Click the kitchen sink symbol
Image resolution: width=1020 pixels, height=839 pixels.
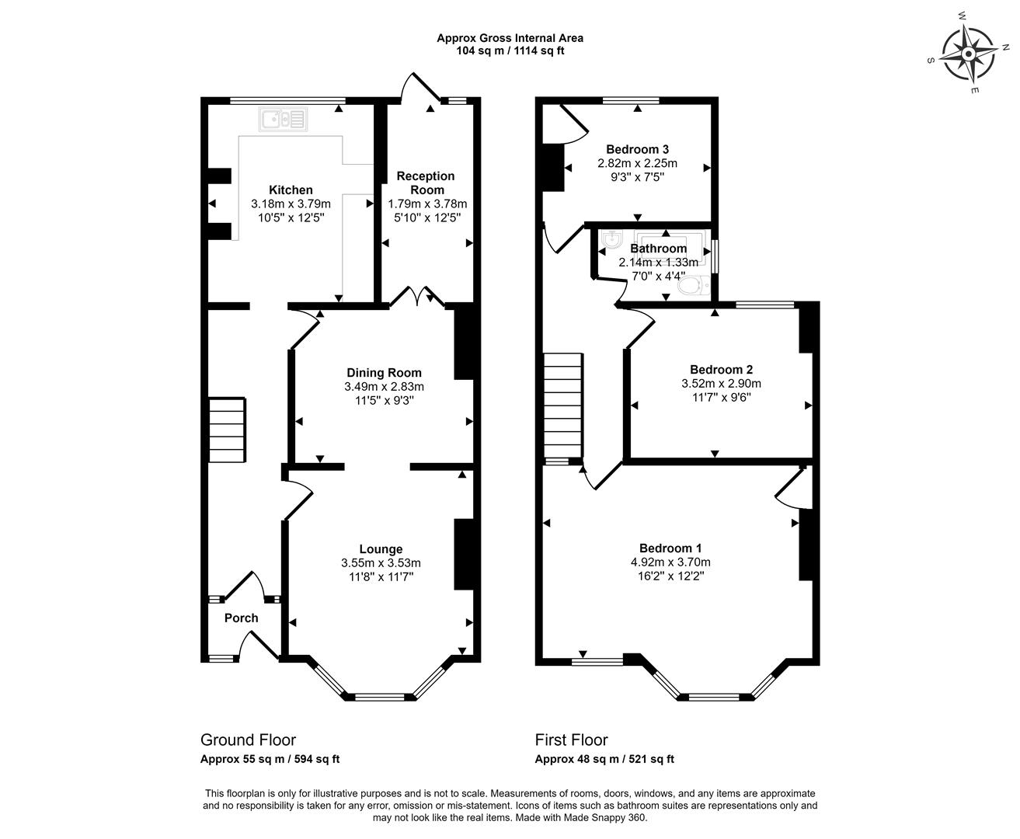tap(283, 120)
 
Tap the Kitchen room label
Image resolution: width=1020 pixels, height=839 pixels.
tap(291, 190)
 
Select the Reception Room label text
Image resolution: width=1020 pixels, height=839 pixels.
tap(426, 183)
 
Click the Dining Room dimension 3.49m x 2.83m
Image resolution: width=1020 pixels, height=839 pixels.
tap(384, 387)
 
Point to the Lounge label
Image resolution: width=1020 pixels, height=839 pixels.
tap(381, 549)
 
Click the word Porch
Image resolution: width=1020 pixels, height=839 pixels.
tap(241, 618)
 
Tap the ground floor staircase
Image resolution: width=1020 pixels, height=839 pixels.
tap(227, 430)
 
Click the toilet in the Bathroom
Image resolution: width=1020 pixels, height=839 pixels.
tap(694, 285)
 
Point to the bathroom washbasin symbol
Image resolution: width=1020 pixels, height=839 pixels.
tap(613, 239)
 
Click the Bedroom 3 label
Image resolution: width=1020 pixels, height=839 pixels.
tap(637, 149)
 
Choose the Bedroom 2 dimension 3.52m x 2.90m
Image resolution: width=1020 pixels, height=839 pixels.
tap(721, 384)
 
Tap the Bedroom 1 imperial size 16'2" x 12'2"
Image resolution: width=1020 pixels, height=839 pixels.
tap(670, 576)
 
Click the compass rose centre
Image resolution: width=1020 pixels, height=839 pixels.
tap(968, 54)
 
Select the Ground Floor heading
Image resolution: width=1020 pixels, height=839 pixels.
tap(248, 740)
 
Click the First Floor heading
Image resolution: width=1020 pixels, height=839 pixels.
tap(571, 740)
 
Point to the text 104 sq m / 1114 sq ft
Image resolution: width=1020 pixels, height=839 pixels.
tap(510, 50)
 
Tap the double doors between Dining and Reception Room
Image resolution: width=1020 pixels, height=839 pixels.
tap(417, 296)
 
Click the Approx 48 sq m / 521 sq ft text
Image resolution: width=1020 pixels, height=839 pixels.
tap(604, 759)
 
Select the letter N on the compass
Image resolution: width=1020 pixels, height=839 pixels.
tap(1005, 47)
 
